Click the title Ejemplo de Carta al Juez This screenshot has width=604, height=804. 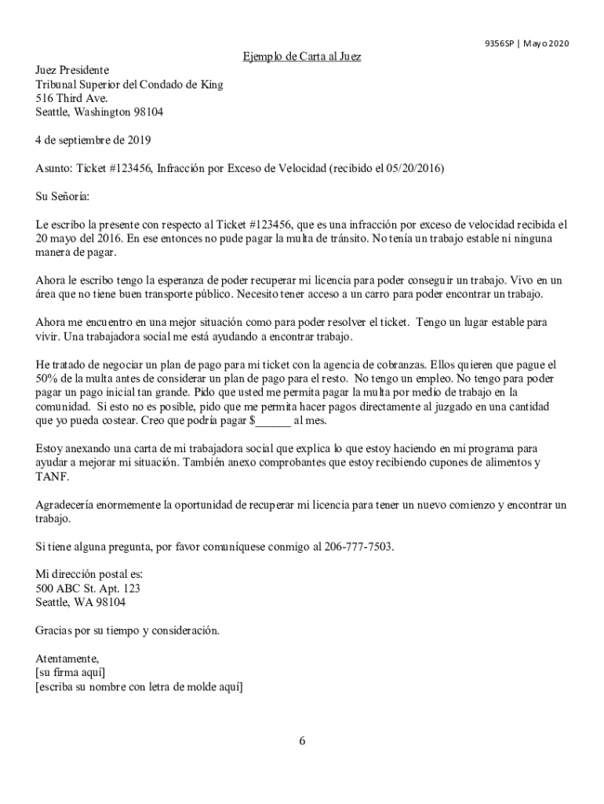click(301, 57)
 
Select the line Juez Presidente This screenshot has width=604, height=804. click(72, 71)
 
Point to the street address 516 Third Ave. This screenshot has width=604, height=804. click(71, 98)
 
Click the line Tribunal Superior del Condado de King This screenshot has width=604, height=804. click(129, 85)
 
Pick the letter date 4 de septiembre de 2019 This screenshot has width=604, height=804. click(93, 141)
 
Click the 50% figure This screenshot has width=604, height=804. click(49, 378)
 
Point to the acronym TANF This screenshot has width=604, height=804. click(53, 477)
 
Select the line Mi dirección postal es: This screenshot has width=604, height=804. click(89, 575)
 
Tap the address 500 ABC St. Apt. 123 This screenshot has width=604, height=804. click(88, 588)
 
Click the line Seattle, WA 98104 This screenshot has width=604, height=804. click(80, 602)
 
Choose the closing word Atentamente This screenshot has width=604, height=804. click(67, 658)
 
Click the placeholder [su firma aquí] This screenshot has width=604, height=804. click(71, 672)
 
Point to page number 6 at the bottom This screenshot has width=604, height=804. click(302, 740)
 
